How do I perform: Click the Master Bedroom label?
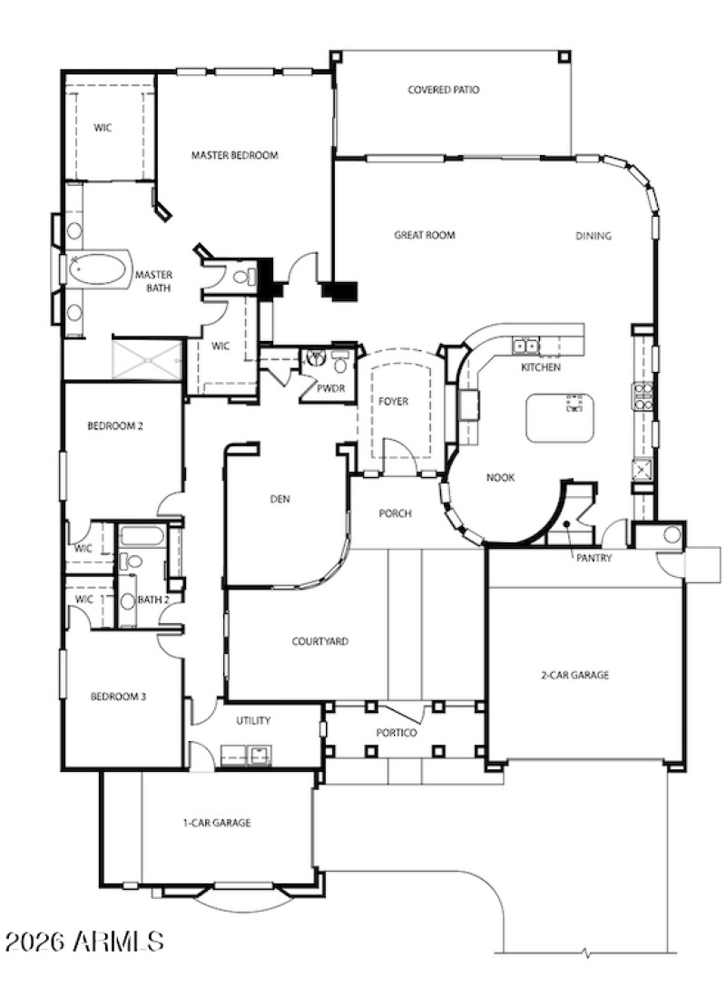click(x=234, y=155)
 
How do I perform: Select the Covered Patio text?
click(x=443, y=90)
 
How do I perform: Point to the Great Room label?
click(x=424, y=235)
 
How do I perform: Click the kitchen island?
click(x=560, y=417)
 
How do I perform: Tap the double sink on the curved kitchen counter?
click(x=525, y=346)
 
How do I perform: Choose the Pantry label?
click(x=594, y=559)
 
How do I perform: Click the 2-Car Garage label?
click(x=574, y=675)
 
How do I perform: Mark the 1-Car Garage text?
click(x=216, y=823)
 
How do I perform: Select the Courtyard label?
click(x=319, y=641)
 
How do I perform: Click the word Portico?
click(x=397, y=732)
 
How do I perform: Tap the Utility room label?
click(x=253, y=720)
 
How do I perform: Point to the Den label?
click(x=280, y=499)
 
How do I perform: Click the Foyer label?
click(x=394, y=401)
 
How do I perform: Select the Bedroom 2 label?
click(x=115, y=425)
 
